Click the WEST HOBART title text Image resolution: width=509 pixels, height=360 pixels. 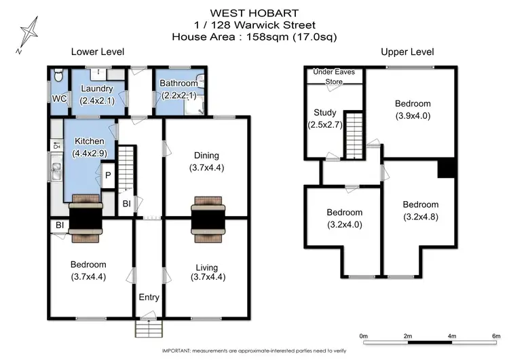click(x=255, y=12)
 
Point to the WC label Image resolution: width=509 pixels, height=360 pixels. click(x=60, y=99)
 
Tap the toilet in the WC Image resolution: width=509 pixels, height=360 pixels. click(x=58, y=75)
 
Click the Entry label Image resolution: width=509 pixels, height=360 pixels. click(x=149, y=298)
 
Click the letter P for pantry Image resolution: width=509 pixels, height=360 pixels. click(x=107, y=175)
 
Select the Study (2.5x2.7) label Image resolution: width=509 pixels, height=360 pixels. click(x=324, y=118)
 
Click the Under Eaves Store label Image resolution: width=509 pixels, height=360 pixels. click(x=333, y=76)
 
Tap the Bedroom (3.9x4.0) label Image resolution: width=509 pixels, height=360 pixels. click(x=413, y=109)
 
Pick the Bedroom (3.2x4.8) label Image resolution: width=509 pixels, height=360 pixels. click(x=420, y=210)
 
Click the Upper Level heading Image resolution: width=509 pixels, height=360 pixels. click(x=407, y=52)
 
